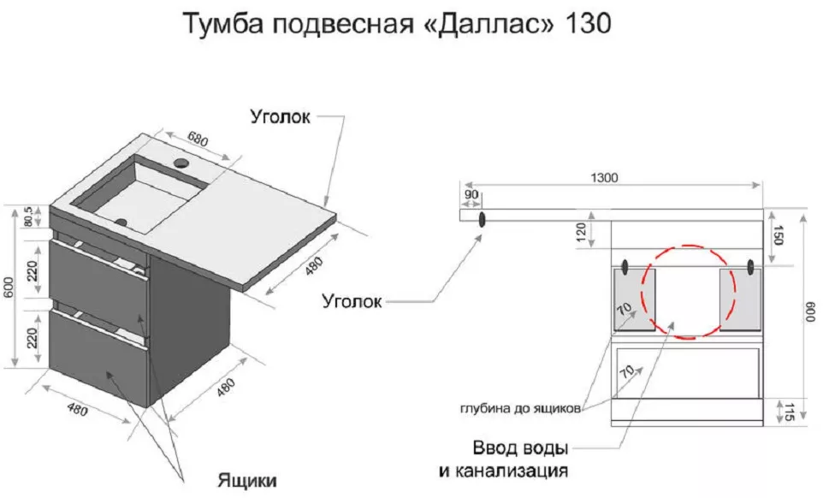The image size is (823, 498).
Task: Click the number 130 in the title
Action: pos(588,23)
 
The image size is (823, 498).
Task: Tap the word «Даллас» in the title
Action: pos(488,24)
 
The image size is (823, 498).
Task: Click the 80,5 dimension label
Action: pos(28,216)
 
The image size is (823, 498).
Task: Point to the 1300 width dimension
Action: pos(604,177)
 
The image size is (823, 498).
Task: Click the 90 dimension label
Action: pos(471,194)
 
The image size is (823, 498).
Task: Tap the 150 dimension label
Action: pos(778,234)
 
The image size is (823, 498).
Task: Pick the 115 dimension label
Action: pos(789,412)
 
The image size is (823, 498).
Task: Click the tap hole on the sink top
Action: pos(181,163)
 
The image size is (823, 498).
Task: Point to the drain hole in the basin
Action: pos(121,222)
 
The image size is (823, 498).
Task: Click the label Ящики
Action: pos(246,480)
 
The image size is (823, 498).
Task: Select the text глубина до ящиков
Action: pos(520,408)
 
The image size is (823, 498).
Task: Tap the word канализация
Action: pos(510,470)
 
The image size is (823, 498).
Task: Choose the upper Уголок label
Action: pos(281,116)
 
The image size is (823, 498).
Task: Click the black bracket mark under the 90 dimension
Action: pos(482,219)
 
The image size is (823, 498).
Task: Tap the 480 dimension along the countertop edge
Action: pos(313,266)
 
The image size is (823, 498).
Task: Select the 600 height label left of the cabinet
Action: pos(9,287)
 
